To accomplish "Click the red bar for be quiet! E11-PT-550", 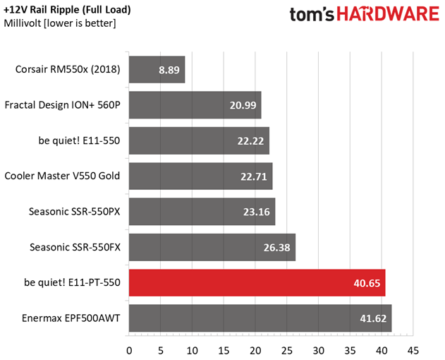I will (x=257, y=282).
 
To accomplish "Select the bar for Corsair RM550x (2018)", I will (x=157, y=70).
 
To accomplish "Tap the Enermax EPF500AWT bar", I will (x=260, y=318).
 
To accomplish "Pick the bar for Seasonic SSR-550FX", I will (x=212, y=247).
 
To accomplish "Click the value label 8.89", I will (x=169, y=70).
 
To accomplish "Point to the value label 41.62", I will (x=372, y=318).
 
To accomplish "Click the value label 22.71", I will (x=252, y=176).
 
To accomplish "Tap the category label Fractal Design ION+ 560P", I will (x=62, y=105).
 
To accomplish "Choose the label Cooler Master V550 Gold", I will (x=62, y=176).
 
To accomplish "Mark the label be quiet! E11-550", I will (x=79, y=140).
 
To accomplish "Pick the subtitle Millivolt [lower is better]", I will (x=60, y=24).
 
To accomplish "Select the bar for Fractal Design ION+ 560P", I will (x=195, y=105).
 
